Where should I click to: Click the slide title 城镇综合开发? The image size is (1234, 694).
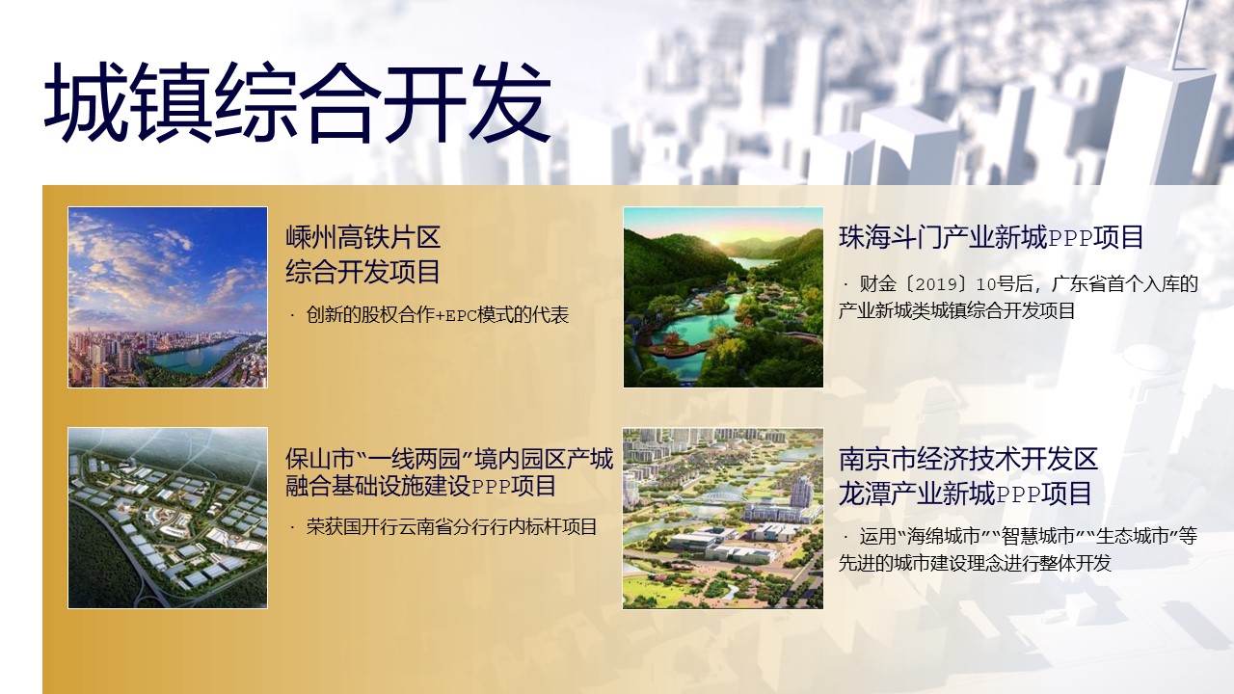point(298,103)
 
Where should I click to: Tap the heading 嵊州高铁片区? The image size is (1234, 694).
point(363,237)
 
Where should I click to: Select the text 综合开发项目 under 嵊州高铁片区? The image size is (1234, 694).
point(363,272)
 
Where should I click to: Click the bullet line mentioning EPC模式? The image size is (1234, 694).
point(430,315)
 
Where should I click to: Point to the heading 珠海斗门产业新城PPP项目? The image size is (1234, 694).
point(990,238)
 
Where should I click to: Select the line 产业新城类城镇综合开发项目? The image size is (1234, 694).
point(957,310)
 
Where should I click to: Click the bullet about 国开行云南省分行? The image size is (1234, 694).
point(443,527)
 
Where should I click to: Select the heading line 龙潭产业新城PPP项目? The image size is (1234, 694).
point(965,494)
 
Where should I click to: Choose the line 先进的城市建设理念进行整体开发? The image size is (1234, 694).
point(975,563)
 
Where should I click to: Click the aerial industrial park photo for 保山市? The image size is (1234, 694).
point(168,518)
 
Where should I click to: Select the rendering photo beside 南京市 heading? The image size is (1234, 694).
point(723,519)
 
